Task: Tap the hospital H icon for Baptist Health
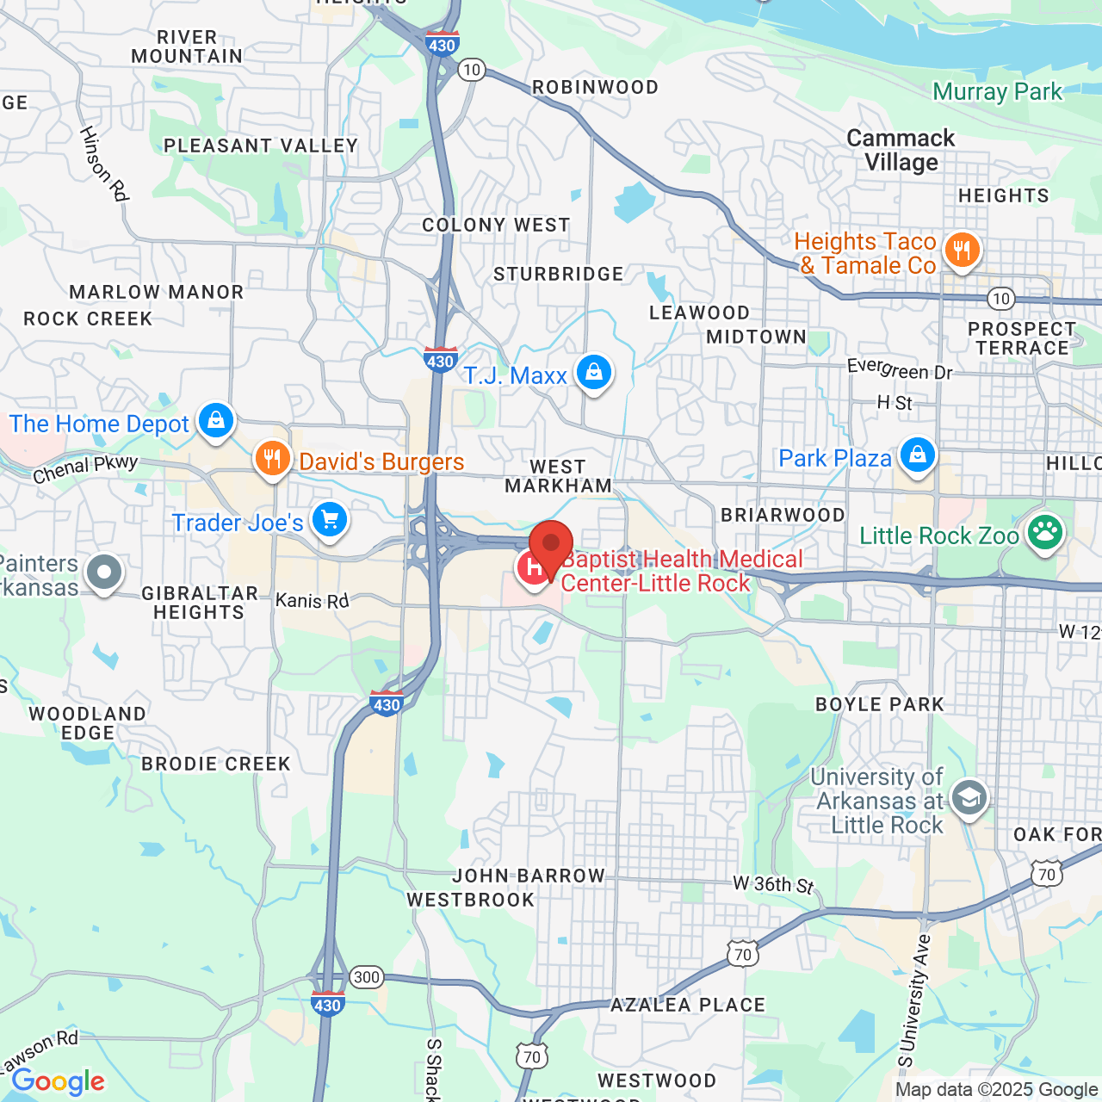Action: (x=533, y=568)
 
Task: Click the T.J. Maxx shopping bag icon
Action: (x=593, y=373)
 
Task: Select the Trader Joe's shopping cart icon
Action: (x=329, y=520)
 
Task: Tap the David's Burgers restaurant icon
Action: (x=272, y=459)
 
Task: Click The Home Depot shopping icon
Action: (x=215, y=421)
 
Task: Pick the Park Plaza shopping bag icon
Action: (x=917, y=455)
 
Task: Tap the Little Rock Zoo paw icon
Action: (x=1044, y=533)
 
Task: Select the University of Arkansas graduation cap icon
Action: (x=969, y=798)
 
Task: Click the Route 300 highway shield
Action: (x=367, y=977)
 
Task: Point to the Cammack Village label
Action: (x=901, y=151)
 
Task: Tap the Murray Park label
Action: (x=997, y=92)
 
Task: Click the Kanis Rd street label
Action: (x=312, y=600)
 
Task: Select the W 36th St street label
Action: (x=773, y=884)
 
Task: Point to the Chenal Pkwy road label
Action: (x=85, y=469)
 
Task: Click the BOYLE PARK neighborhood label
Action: (x=879, y=704)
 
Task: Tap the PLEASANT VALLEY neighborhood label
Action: (x=260, y=145)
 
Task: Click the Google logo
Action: (x=59, y=1081)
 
